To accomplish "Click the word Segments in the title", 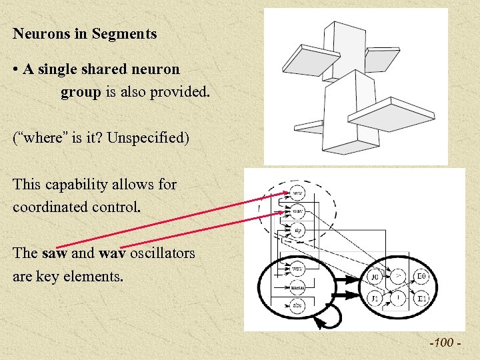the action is tap(125, 33).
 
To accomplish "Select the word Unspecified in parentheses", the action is tap(147, 138).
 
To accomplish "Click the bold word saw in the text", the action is tap(53, 253).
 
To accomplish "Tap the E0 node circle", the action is tap(421, 276).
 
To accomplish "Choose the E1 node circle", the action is tap(421, 297).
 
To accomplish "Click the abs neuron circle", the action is tap(297, 306).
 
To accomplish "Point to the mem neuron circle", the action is tap(297, 288).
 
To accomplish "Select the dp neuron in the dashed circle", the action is tap(298, 230).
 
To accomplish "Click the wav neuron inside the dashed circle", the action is tap(298, 212).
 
